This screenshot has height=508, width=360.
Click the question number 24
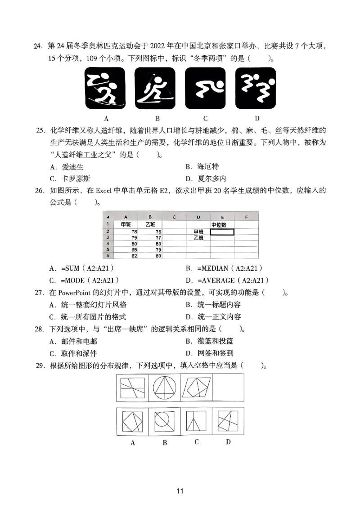37,45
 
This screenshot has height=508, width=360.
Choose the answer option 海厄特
199,166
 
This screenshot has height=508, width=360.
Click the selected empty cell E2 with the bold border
221,232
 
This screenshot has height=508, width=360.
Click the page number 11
180,491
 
